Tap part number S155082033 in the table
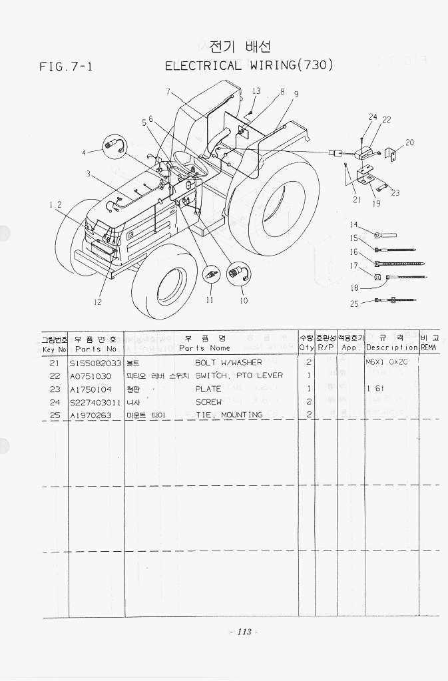[x=95, y=363]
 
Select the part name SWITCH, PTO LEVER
[x=239, y=375]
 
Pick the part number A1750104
[x=91, y=389]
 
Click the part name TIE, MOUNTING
[x=228, y=415]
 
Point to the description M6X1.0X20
[x=391, y=363]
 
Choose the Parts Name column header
[x=204, y=347]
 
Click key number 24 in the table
[x=55, y=402]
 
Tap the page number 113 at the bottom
[x=243, y=632]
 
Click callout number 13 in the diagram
[x=256, y=91]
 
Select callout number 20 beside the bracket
[x=409, y=142]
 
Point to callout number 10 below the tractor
[x=244, y=301]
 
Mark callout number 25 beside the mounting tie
[x=354, y=304]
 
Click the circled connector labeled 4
[x=113, y=145]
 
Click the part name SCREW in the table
[x=208, y=402]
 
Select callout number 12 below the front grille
[x=98, y=302]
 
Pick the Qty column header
[x=306, y=347]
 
